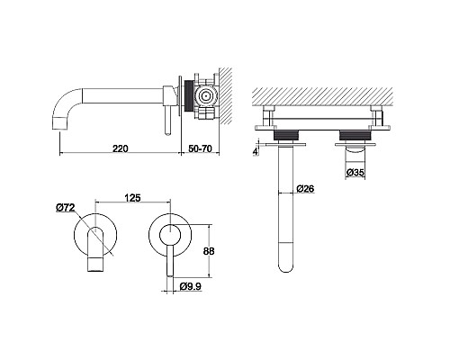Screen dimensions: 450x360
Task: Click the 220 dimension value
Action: point(120,148)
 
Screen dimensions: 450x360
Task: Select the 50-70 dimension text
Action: point(201,148)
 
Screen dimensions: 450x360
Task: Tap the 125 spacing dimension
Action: point(132,198)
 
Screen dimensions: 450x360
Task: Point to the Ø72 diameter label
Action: point(66,208)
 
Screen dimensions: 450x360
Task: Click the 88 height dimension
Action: point(209,251)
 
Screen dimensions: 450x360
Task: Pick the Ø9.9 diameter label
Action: point(191,286)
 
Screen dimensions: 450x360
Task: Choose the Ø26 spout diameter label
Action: point(305,189)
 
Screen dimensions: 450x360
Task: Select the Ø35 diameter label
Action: point(355,173)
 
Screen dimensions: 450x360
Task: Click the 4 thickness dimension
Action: point(256,151)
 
